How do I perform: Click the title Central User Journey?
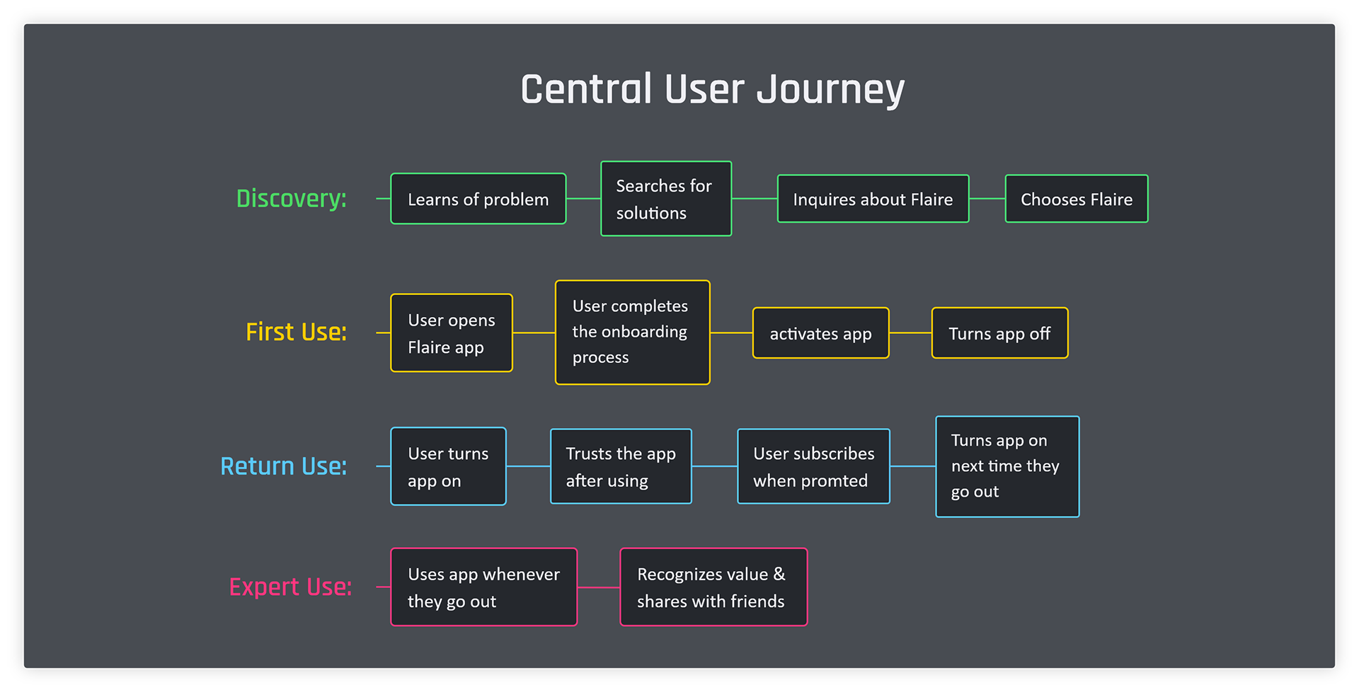tap(712, 90)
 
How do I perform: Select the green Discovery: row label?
tap(292, 199)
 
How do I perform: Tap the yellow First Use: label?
tap(297, 332)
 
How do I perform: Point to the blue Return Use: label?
tap(284, 466)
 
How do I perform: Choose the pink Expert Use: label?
tap(290, 587)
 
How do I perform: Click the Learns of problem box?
tap(478, 199)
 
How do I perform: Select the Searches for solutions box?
tap(666, 199)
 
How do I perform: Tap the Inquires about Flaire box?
tap(873, 199)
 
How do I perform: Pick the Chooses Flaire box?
tap(1077, 199)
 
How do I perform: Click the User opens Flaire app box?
tap(452, 333)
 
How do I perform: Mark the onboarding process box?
tap(633, 333)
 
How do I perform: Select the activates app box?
tap(821, 333)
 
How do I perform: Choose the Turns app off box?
tap(999, 333)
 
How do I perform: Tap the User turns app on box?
tap(449, 466)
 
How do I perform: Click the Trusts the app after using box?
tap(621, 466)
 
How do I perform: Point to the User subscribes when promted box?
tap(814, 466)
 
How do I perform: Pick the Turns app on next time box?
tap(1007, 466)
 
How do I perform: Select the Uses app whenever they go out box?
tap(484, 587)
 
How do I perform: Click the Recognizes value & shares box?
tap(713, 587)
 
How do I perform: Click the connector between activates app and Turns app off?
tap(910, 333)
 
